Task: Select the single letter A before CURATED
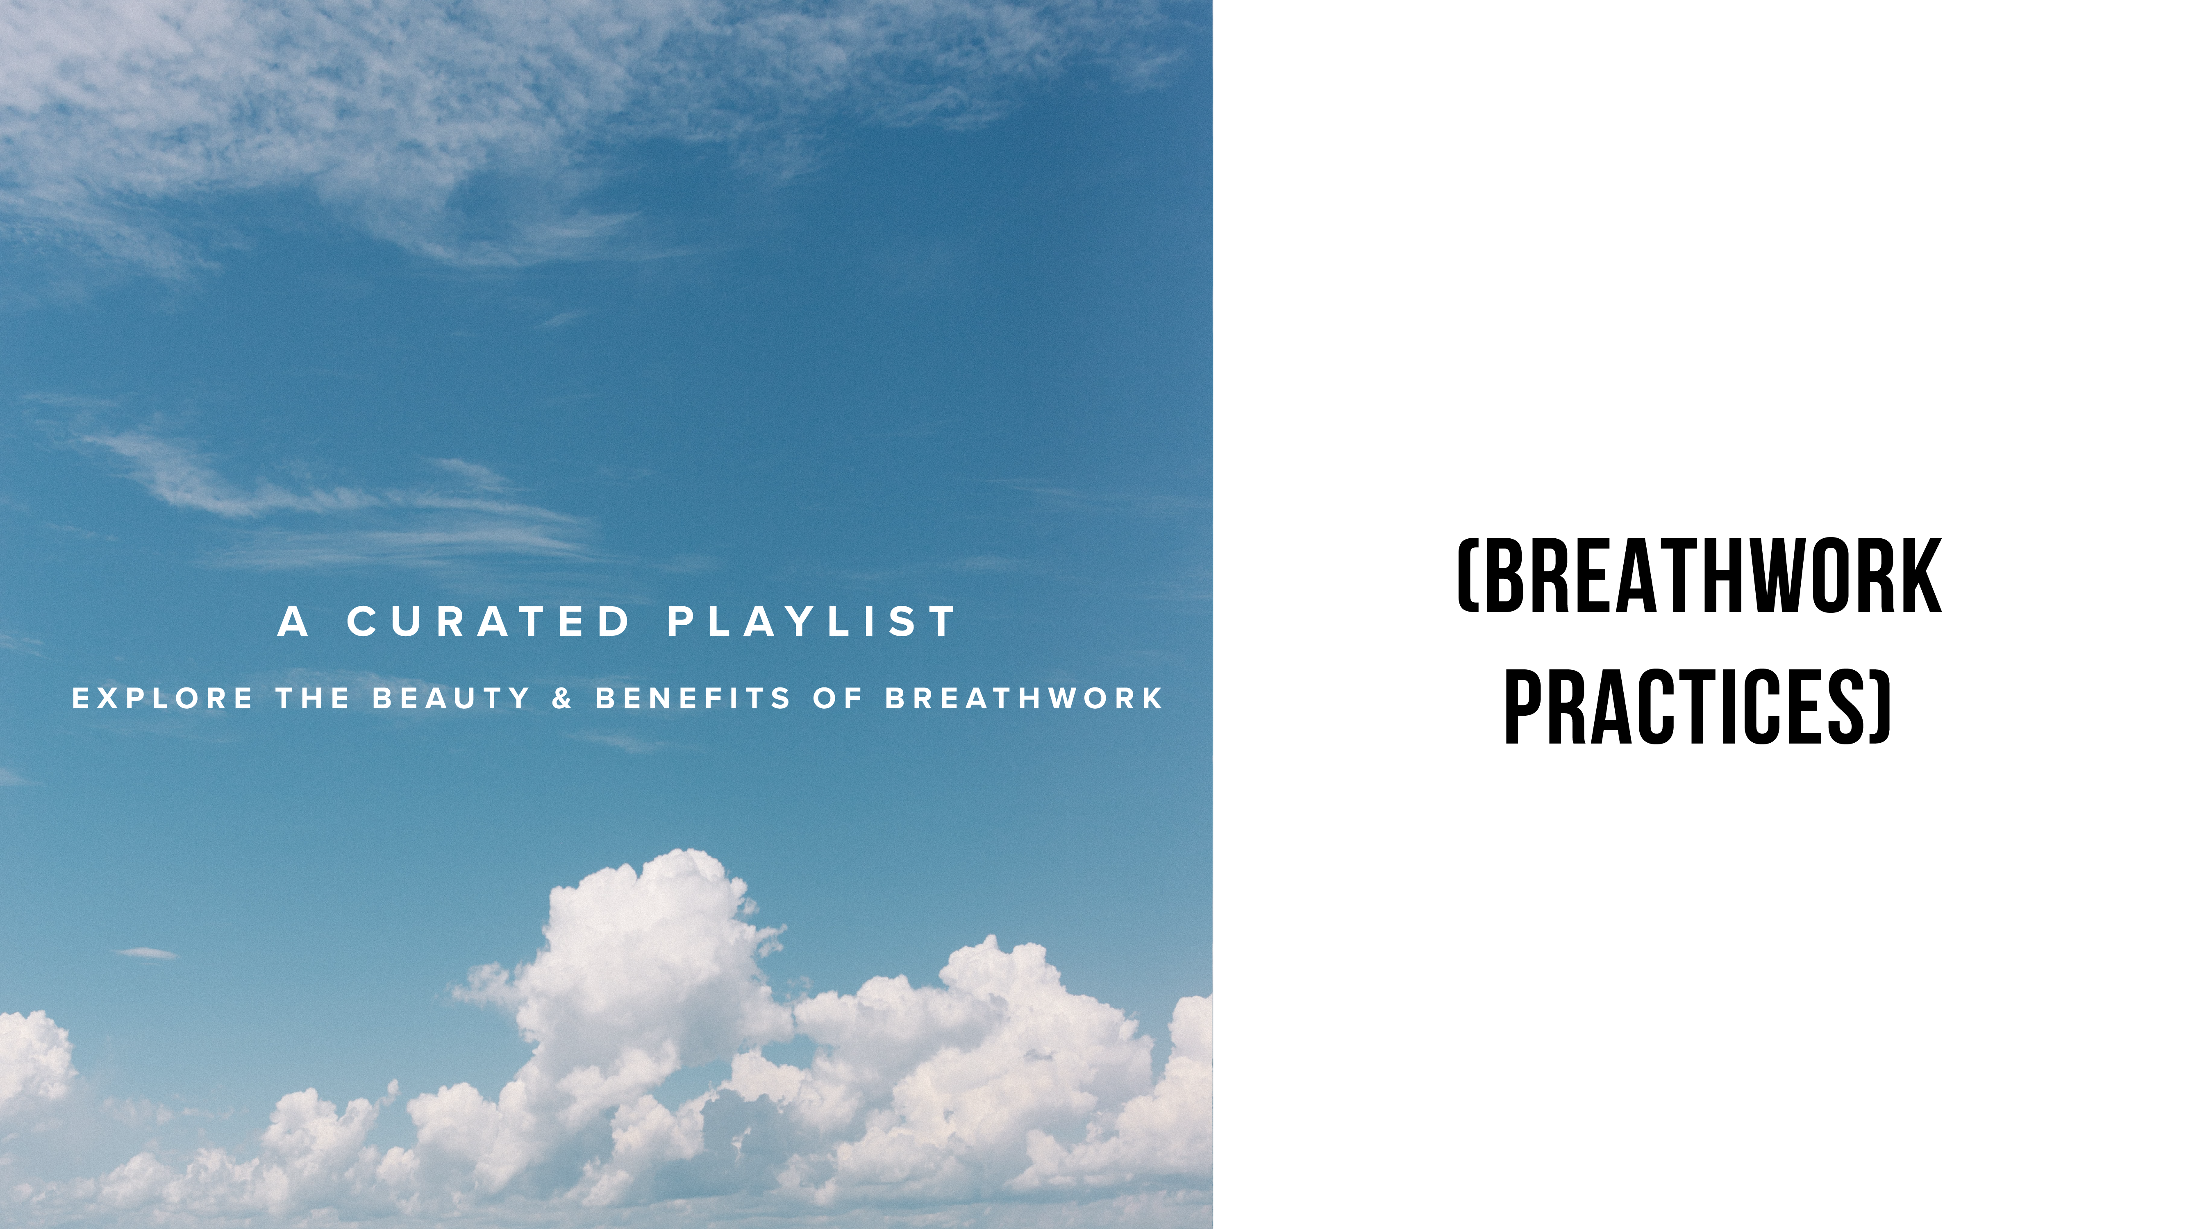(293, 622)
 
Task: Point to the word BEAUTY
(452, 699)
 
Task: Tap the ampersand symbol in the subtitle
(562, 699)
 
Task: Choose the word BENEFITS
(693, 699)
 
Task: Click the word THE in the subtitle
(313, 699)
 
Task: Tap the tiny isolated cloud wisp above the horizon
(146, 953)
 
